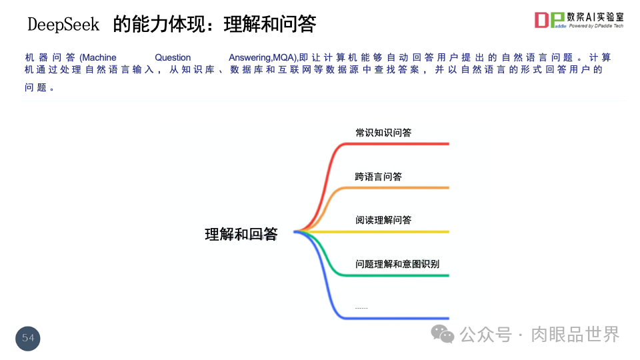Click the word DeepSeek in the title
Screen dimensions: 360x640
pos(63,25)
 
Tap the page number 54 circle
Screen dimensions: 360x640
pos(28,338)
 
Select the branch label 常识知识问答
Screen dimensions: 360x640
pos(383,133)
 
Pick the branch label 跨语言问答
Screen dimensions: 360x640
pos(379,177)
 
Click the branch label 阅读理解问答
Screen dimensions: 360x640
pos(383,220)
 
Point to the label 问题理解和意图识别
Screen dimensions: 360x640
pos(397,264)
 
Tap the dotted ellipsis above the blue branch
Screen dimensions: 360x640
pos(361,308)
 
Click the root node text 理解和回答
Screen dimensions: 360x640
pos(241,234)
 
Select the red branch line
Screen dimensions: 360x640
pos(400,143)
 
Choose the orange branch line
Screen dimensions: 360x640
pos(400,187)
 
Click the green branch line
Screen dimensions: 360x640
pos(400,275)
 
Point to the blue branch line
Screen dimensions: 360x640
pos(400,318)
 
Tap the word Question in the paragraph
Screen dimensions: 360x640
pos(173,58)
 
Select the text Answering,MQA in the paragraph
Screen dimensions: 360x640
pos(262,58)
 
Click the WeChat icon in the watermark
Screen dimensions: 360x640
pos(442,334)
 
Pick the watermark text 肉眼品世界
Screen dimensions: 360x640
pos(575,334)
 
